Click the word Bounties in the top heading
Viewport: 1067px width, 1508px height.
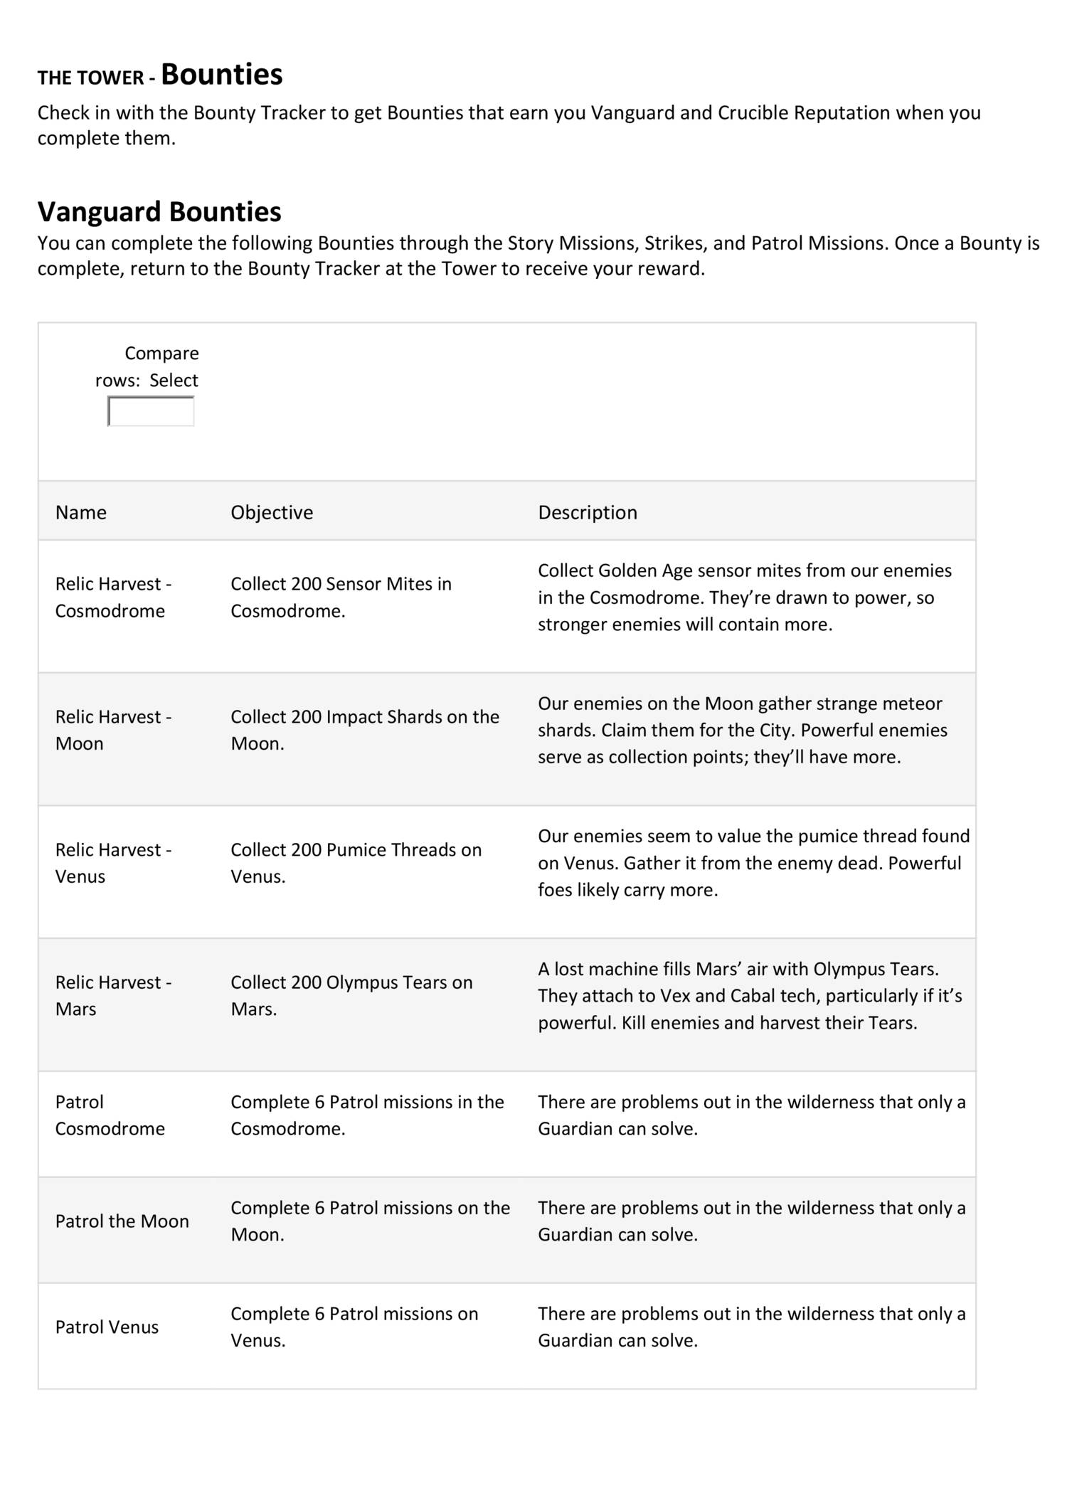click(x=221, y=75)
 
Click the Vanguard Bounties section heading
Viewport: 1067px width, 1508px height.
click(x=159, y=212)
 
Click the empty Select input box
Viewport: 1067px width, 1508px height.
click(x=151, y=412)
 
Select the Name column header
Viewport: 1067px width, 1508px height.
click(x=81, y=512)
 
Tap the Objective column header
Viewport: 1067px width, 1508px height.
click(x=272, y=512)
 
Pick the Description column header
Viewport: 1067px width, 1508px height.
click(x=587, y=512)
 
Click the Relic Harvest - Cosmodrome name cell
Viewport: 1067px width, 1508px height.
click(x=113, y=597)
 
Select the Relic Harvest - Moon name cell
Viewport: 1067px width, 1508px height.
click(x=113, y=730)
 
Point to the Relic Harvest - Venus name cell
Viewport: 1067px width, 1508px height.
click(x=113, y=863)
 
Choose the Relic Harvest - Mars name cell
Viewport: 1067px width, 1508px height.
click(x=113, y=995)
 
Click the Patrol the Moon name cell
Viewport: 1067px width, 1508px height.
click(x=122, y=1221)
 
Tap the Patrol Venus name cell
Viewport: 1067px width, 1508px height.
click(x=107, y=1327)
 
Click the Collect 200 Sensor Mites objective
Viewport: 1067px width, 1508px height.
click(x=341, y=597)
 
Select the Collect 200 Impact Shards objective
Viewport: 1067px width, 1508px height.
click(x=364, y=730)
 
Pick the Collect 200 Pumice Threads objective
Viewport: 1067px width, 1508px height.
click(x=356, y=863)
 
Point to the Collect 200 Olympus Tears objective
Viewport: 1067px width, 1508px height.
click(x=351, y=995)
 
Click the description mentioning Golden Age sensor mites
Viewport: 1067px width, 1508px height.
click(x=744, y=598)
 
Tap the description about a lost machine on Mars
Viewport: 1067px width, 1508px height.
click(x=749, y=995)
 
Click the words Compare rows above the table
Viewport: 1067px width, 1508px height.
click(x=146, y=366)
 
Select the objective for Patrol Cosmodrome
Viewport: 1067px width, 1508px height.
click(x=367, y=1115)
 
